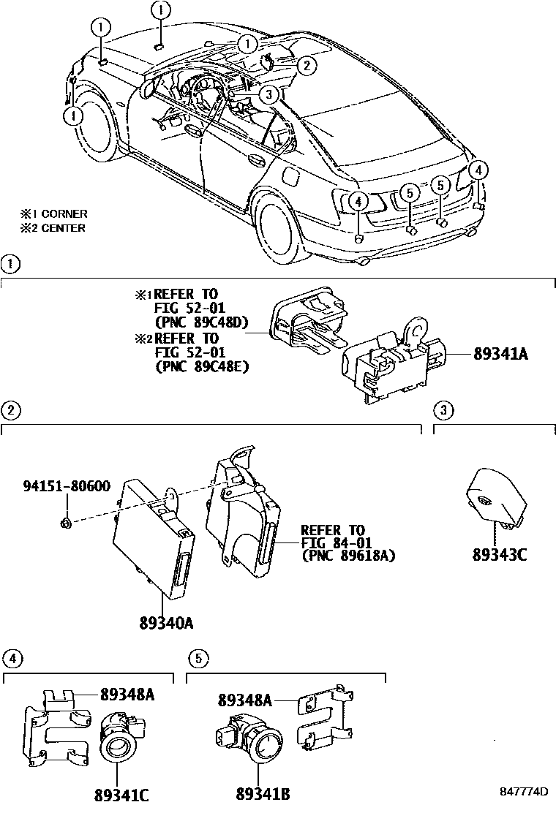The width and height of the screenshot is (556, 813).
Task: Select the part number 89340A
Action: (166, 622)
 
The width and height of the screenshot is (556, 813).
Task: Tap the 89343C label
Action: (500, 553)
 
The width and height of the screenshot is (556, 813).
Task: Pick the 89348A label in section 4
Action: (127, 695)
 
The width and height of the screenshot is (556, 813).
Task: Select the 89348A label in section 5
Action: (244, 700)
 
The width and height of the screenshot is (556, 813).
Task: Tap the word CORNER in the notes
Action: (64, 214)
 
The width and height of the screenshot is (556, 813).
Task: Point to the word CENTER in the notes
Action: (63, 228)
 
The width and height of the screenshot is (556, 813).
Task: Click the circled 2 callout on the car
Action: (307, 65)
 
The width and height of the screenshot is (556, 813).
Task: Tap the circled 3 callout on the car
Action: (268, 93)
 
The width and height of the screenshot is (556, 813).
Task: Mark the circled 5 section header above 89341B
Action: (196, 659)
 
